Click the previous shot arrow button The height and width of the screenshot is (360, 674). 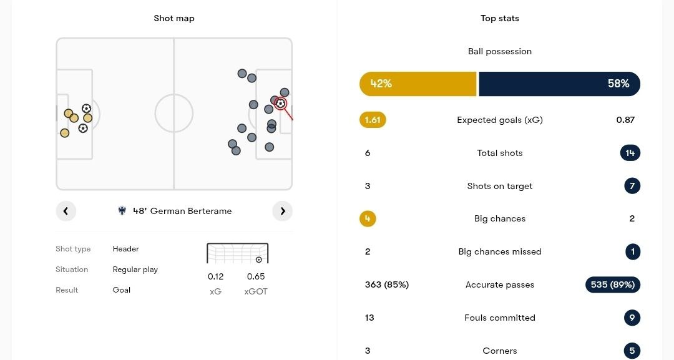[66, 211]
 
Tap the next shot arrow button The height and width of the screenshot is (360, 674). [282, 211]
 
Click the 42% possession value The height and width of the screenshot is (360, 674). [381, 84]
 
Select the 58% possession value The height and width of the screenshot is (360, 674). [618, 84]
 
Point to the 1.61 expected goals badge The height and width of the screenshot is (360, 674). [373, 120]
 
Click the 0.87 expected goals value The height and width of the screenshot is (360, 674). [625, 120]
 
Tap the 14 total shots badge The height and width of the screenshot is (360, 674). [630, 153]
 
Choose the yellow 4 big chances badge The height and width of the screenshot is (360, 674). [368, 219]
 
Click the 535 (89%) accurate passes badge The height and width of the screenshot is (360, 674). [612, 285]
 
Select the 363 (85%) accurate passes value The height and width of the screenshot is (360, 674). [387, 285]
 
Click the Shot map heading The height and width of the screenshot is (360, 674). [174, 18]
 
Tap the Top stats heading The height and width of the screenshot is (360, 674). [500, 18]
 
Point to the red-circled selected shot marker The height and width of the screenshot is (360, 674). [281, 104]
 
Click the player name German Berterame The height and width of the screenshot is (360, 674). [191, 211]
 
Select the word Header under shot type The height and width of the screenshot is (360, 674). [126, 249]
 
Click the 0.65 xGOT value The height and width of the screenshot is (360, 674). [256, 276]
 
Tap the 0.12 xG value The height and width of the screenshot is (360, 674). [216, 276]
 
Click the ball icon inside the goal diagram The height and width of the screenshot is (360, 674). [259, 260]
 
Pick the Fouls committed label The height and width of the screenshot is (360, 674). [500, 318]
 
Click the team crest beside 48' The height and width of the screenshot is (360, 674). [122, 211]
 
